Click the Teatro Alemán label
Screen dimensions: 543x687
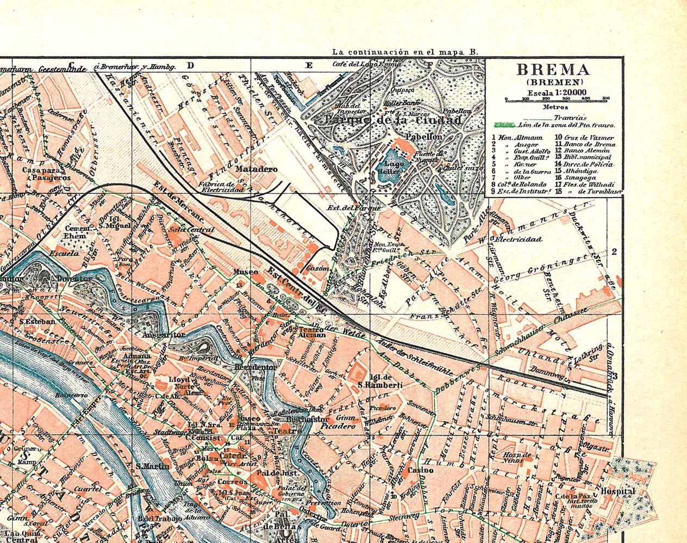click(312, 332)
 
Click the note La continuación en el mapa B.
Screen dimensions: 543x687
click(405, 52)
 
